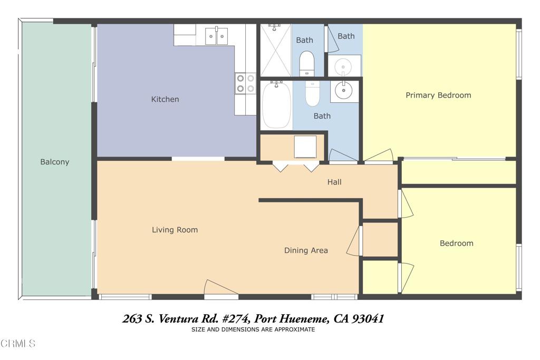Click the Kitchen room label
(x=165, y=99)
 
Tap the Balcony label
(x=55, y=162)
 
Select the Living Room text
(x=175, y=230)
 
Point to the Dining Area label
(x=306, y=250)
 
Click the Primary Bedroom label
(x=438, y=95)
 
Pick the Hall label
(x=334, y=182)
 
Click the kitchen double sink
(x=216, y=36)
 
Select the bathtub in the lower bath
(x=276, y=105)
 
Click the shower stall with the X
(x=275, y=51)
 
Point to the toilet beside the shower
(x=306, y=63)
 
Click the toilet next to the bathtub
(x=313, y=93)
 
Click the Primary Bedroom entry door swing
(x=379, y=155)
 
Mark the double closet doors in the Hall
(x=295, y=166)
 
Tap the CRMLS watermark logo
(x=18, y=344)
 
